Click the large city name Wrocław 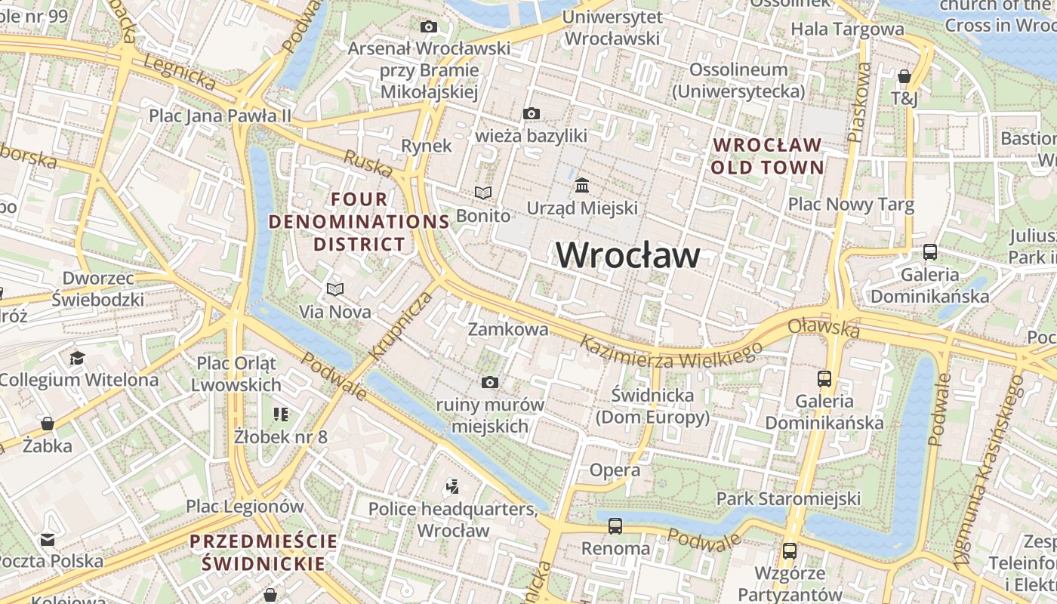pyautogui.click(x=628, y=255)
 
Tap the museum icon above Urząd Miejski pyautogui.click(x=582, y=185)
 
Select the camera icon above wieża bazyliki pyautogui.click(x=532, y=114)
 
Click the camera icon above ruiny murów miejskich pyautogui.click(x=490, y=383)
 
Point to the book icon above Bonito pyautogui.click(x=483, y=193)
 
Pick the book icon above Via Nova pyautogui.click(x=335, y=289)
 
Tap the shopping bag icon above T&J pyautogui.click(x=904, y=76)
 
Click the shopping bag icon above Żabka pyautogui.click(x=48, y=424)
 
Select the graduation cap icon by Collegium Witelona pyautogui.click(x=77, y=357)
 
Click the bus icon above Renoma pyautogui.click(x=615, y=526)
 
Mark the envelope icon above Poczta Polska pyautogui.click(x=48, y=539)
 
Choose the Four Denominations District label pyautogui.click(x=359, y=222)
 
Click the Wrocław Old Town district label pyautogui.click(x=767, y=156)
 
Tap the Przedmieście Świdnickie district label pyautogui.click(x=263, y=553)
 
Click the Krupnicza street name pyautogui.click(x=402, y=325)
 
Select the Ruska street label pyautogui.click(x=368, y=162)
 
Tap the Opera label pyautogui.click(x=615, y=470)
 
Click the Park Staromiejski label pyautogui.click(x=788, y=498)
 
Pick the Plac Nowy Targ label pyautogui.click(x=851, y=205)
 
